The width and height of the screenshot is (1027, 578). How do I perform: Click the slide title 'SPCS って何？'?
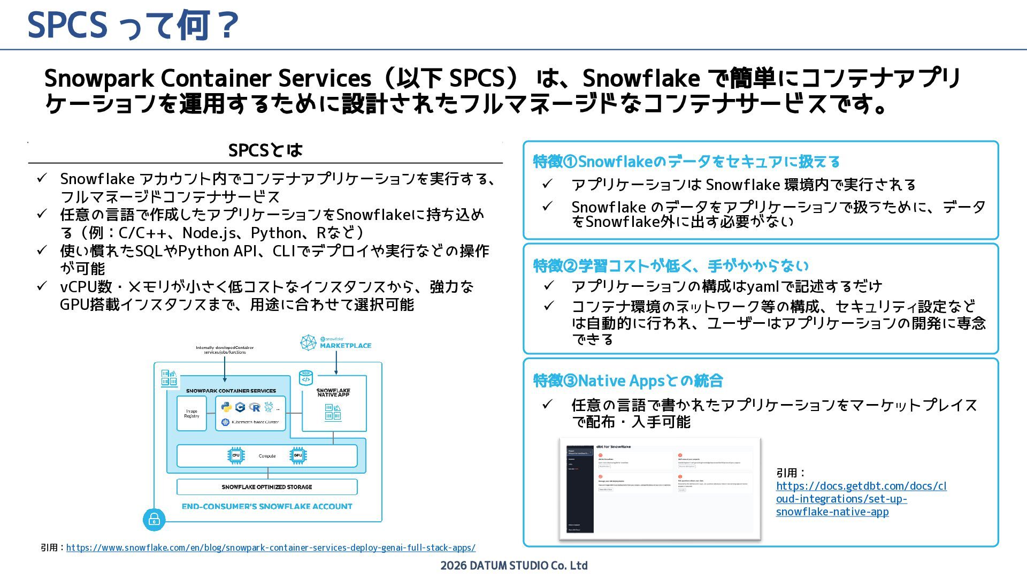click(x=133, y=25)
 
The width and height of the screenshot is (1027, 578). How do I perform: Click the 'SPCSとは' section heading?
click(x=265, y=150)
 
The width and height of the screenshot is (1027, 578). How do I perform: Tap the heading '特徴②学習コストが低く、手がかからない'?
click(x=671, y=265)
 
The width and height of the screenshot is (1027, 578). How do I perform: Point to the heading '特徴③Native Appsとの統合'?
click(x=628, y=381)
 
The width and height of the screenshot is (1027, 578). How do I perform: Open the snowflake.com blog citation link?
click(x=271, y=547)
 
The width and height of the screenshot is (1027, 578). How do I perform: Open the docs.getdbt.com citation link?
click(x=861, y=498)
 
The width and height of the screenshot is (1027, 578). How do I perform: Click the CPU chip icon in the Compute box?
click(x=235, y=455)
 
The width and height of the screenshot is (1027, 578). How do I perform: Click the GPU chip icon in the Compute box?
click(x=298, y=455)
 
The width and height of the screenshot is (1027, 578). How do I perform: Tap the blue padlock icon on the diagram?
click(x=154, y=520)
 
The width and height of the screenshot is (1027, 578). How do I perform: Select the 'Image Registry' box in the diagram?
click(x=191, y=414)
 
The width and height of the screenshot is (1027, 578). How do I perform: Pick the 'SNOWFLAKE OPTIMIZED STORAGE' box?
click(x=267, y=487)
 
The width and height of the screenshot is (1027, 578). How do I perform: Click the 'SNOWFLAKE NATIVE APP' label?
click(x=333, y=392)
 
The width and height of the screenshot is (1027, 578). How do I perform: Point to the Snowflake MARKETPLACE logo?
click(x=335, y=343)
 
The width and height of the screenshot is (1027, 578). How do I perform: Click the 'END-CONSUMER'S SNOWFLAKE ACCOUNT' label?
click(x=267, y=506)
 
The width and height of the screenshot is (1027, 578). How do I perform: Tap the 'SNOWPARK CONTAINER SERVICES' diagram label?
click(x=231, y=391)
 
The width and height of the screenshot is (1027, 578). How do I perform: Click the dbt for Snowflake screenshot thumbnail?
click(x=660, y=488)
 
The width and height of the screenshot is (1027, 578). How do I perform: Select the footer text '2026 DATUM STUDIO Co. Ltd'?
click(x=513, y=566)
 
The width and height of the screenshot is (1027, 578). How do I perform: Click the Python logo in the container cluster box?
click(x=227, y=407)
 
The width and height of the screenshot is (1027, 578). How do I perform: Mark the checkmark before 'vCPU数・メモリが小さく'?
click(x=42, y=286)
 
